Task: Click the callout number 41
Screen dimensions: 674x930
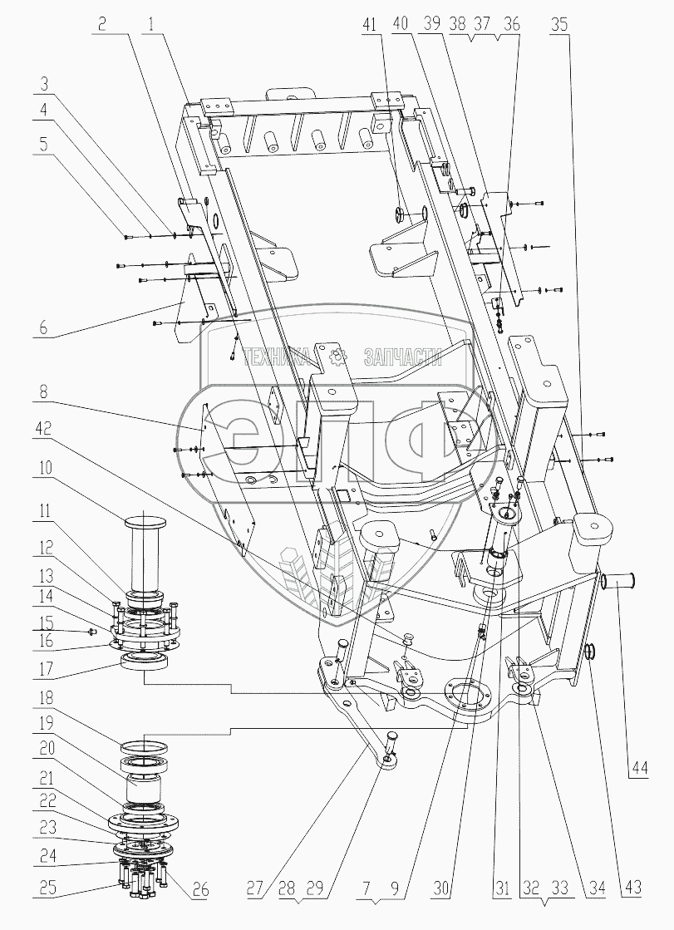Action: [370, 24]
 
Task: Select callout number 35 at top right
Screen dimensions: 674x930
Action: [559, 24]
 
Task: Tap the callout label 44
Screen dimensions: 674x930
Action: [639, 770]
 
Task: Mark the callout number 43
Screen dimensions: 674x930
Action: [633, 888]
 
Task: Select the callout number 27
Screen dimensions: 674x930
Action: [255, 888]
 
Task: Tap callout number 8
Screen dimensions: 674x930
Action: [46, 392]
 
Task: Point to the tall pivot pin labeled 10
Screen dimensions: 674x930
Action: [145, 554]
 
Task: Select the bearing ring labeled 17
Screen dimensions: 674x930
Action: [145, 662]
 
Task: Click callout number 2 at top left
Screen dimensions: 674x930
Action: [103, 24]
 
